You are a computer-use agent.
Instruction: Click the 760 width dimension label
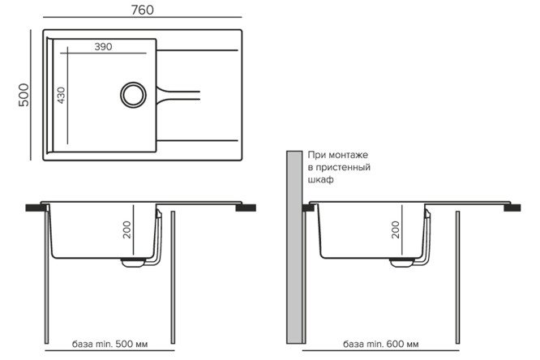tap(141, 10)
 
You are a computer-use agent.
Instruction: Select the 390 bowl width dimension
tap(101, 47)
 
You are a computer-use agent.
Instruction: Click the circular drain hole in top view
tap(132, 93)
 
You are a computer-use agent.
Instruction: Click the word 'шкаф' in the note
tap(320, 180)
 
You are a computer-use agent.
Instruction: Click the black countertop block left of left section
tap(35, 208)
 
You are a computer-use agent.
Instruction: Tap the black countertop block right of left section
tap(245, 208)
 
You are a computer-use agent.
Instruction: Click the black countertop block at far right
tap(512, 208)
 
